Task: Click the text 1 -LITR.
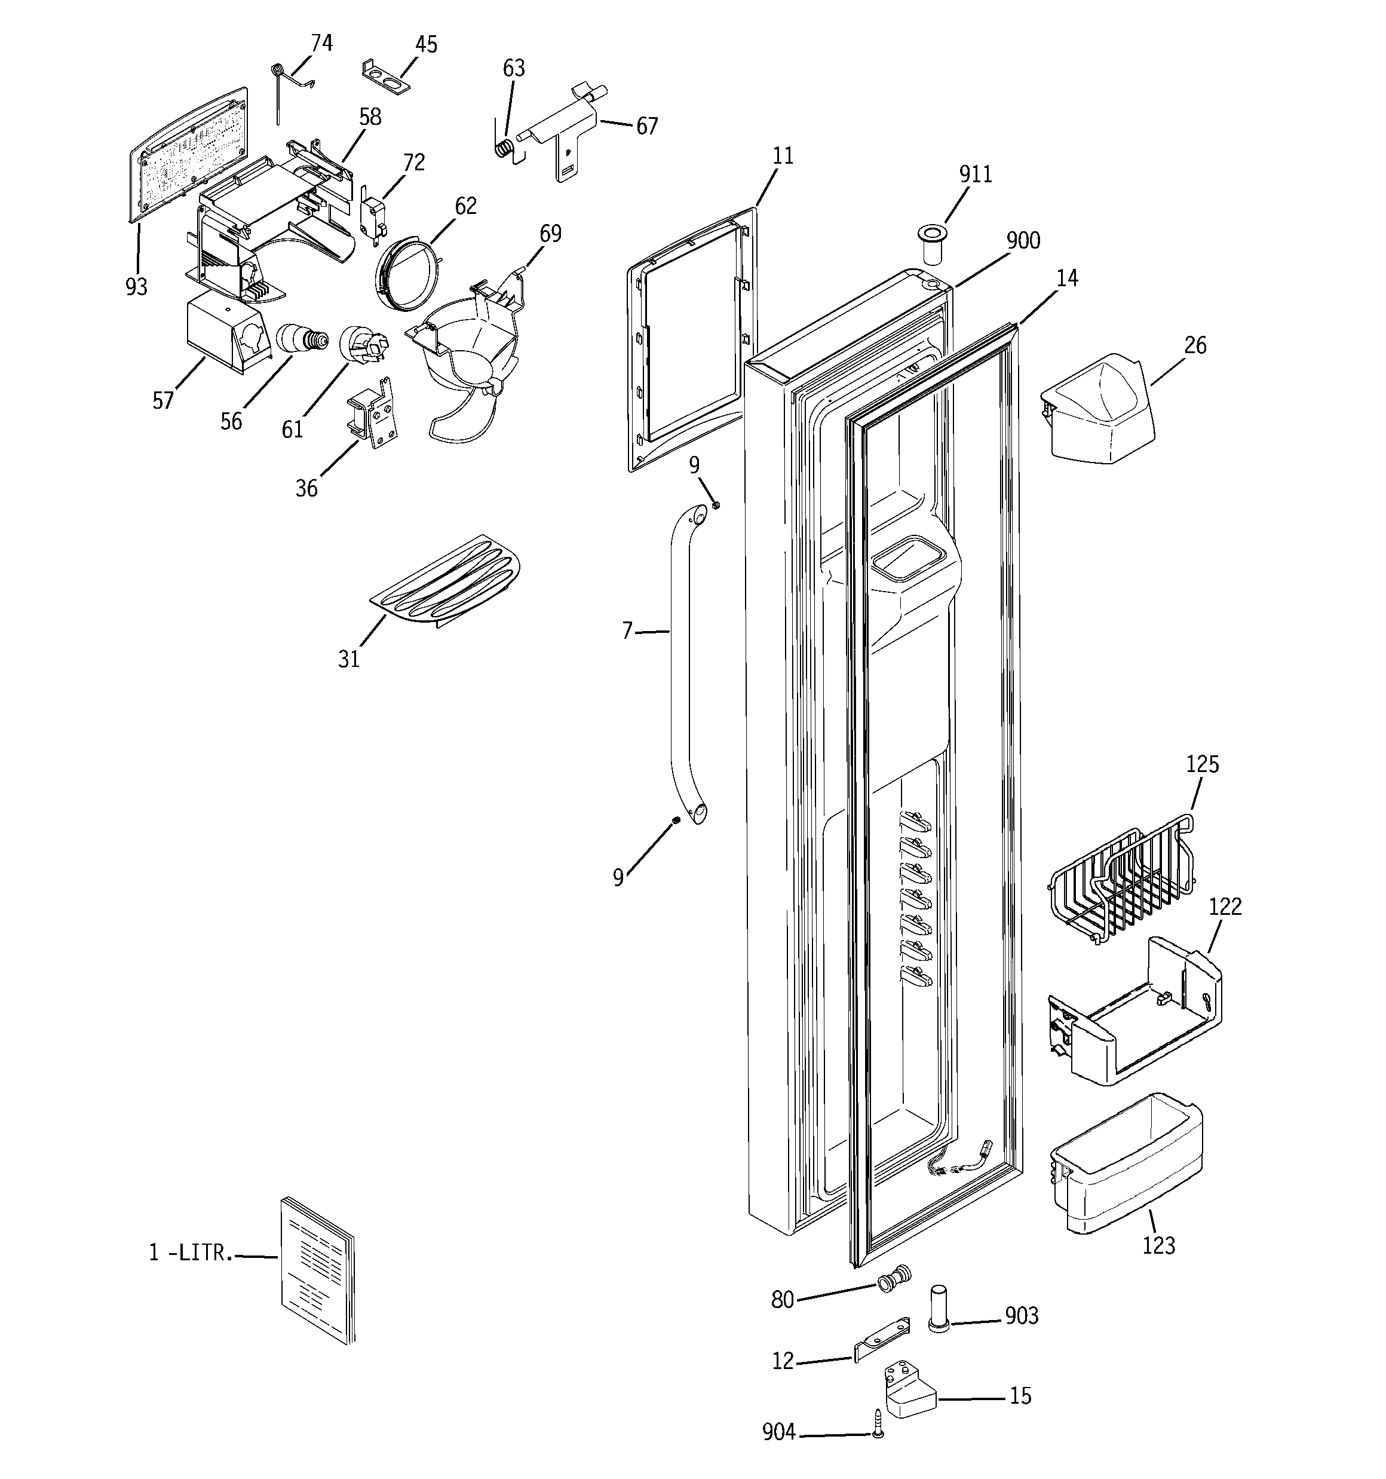tap(191, 1253)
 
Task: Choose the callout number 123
tap(1158, 1245)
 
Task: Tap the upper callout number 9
tap(694, 465)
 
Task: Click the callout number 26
tap(1195, 345)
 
